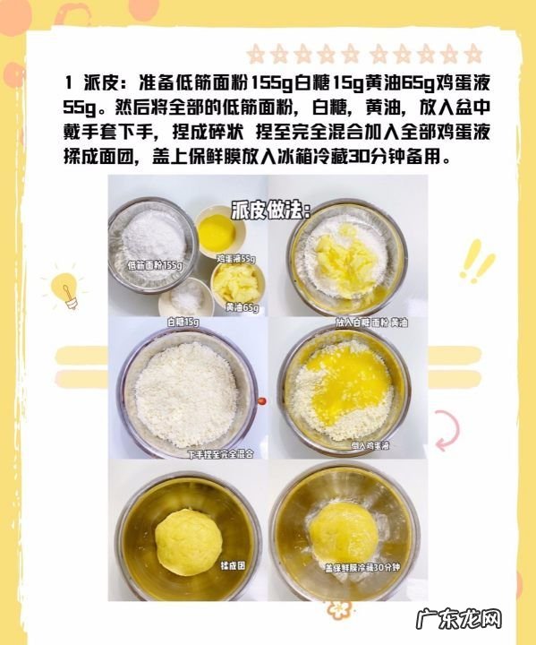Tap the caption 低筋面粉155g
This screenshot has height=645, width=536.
pyautogui.click(x=154, y=265)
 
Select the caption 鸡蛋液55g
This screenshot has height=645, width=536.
pyautogui.click(x=236, y=259)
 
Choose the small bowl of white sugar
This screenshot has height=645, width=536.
pyautogui.click(x=185, y=297)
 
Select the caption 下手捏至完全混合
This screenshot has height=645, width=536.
pyautogui.click(x=220, y=453)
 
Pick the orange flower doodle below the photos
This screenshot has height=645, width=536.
pyautogui.click(x=336, y=610)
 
